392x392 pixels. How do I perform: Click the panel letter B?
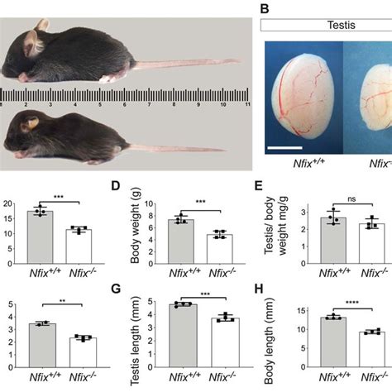click(266, 9)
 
